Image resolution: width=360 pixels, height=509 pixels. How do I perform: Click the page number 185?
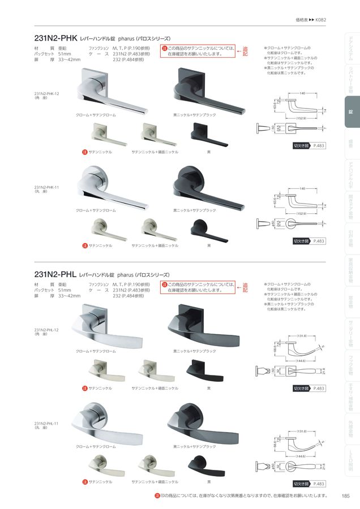point(345,496)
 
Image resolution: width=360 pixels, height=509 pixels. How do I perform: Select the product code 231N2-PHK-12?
point(46,94)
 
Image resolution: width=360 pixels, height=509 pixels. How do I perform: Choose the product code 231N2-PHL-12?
point(46,329)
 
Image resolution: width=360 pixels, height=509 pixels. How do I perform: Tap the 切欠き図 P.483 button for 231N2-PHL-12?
point(309,389)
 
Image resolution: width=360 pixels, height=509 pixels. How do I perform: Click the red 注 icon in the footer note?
point(158,496)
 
